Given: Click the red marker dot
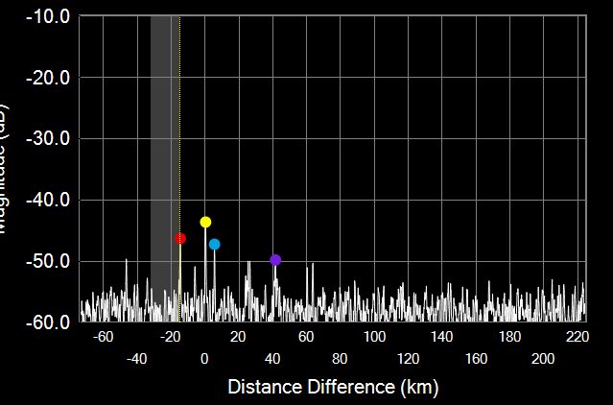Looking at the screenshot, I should coord(180,238).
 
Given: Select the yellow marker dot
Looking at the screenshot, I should coord(205,222).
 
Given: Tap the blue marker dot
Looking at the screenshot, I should coord(214,244).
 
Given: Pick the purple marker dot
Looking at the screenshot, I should coord(275,260).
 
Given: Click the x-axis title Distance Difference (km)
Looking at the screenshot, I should coord(333,387).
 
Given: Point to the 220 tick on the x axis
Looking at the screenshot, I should coord(578,337).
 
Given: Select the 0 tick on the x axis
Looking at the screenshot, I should coord(204,358).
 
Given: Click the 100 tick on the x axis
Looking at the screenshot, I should coord(374,337).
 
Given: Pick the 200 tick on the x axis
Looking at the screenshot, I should coord(543,358).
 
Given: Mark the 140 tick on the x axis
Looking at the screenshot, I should coord(442,337).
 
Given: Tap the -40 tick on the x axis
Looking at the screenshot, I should coord(136,358).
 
